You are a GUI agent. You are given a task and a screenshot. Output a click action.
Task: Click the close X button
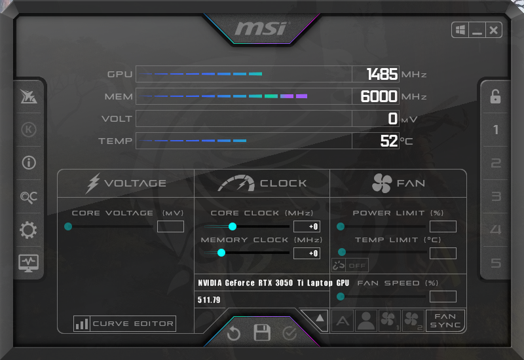(x=493, y=30)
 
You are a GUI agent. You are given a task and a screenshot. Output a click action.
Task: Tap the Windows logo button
(x=460, y=30)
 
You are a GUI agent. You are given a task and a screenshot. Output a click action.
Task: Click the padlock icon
(x=495, y=96)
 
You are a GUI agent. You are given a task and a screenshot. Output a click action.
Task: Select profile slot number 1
(x=496, y=130)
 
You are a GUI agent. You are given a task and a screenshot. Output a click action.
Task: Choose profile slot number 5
(x=496, y=263)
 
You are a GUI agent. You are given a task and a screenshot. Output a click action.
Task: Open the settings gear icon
(x=28, y=230)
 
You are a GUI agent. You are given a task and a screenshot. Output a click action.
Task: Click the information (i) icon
(x=29, y=163)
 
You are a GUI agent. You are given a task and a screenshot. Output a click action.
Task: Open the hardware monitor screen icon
(x=28, y=263)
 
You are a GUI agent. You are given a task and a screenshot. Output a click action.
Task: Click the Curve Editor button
(x=124, y=323)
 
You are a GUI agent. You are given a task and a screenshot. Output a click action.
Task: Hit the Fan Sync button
(x=445, y=321)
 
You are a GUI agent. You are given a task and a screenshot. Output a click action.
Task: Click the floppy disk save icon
(x=261, y=333)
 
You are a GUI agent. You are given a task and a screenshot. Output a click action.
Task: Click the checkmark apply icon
(x=290, y=333)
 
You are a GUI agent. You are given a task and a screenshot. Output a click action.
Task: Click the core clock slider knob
(x=233, y=226)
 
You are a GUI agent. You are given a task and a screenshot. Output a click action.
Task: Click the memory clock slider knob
(x=221, y=253)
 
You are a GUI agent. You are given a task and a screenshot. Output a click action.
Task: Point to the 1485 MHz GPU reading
(x=382, y=74)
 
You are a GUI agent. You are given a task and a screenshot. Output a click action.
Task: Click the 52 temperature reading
(x=389, y=141)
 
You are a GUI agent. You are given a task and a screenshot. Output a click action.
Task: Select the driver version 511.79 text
(x=209, y=300)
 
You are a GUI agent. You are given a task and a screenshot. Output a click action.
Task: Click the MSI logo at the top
(x=261, y=28)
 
